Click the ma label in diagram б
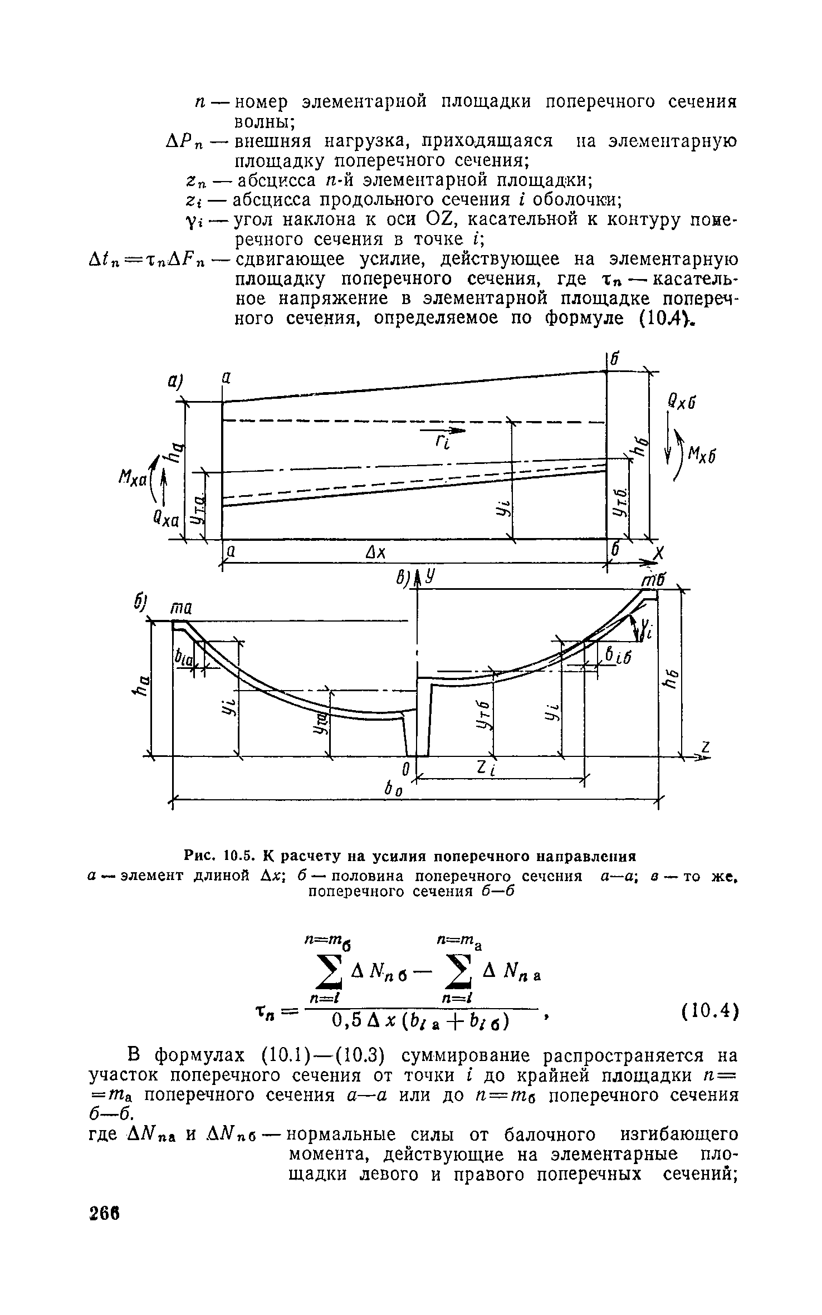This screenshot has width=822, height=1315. pyautogui.click(x=180, y=610)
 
